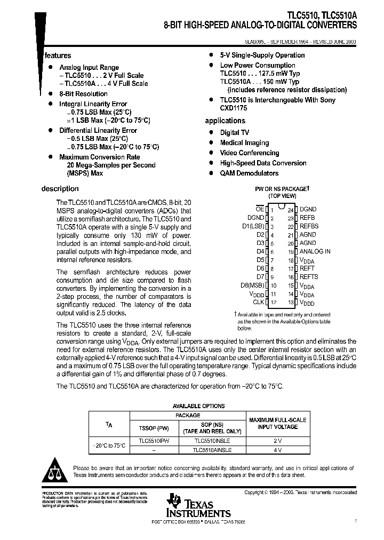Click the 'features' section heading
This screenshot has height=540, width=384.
[58, 55]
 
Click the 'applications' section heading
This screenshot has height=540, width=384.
[225, 121]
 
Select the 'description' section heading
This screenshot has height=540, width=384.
[60, 188]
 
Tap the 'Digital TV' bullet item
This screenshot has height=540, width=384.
[234, 132]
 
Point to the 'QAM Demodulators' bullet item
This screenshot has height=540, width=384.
[249, 173]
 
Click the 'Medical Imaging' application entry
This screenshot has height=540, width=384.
[245, 142]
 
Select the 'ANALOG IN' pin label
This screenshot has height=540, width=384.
[315, 251]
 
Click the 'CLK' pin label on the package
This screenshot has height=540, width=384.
[258, 302]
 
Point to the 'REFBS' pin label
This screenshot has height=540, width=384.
[309, 226]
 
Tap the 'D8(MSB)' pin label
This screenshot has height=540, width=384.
[252, 285]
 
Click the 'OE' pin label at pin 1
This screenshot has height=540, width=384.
[260, 209]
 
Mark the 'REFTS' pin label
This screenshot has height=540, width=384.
[309, 276]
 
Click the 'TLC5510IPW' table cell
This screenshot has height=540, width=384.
[154, 441]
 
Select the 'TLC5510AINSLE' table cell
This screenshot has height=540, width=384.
[213, 450]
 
